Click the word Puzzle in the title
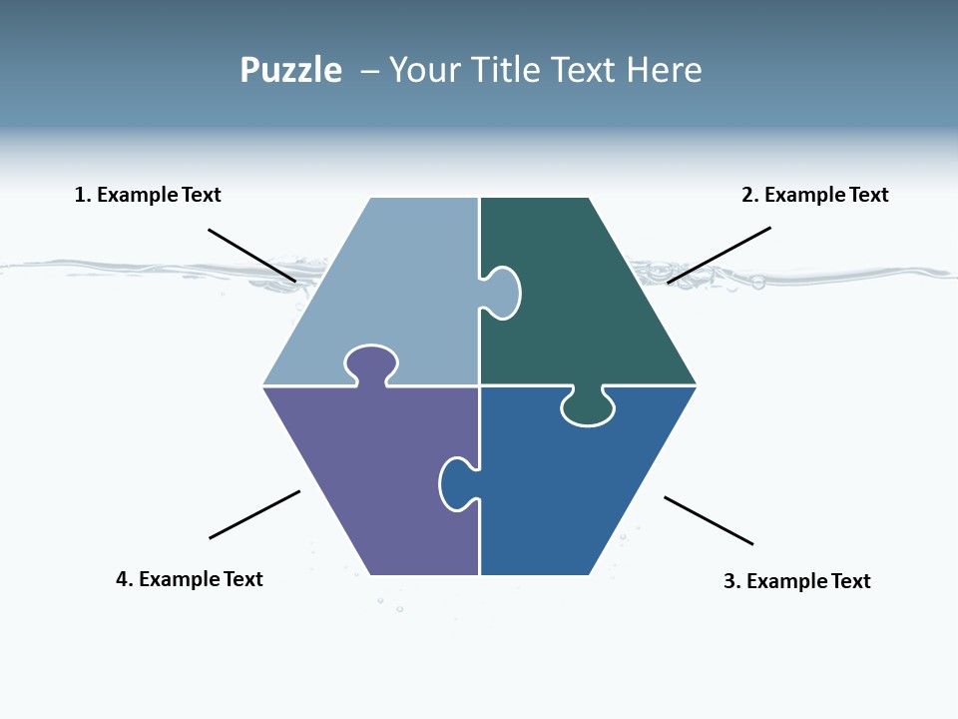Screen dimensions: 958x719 [290, 71]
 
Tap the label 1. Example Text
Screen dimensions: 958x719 [148, 195]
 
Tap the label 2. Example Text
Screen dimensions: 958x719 [814, 195]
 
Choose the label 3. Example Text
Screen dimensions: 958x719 [796, 581]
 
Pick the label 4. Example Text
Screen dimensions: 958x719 [190, 579]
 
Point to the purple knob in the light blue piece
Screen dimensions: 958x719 [371, 363]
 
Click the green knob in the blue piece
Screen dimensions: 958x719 [588, 406]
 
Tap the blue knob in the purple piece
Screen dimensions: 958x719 [456, 483]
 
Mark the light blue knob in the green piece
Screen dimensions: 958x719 [502, 293]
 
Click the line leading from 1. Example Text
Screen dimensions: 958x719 [251, 255]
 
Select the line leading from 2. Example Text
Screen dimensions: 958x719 [718, 255]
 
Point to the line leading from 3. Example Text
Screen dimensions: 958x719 [709, 520]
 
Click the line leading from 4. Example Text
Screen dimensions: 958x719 [254, 514]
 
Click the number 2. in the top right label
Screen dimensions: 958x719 [749, 195]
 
